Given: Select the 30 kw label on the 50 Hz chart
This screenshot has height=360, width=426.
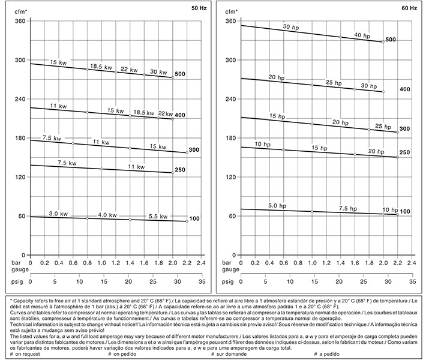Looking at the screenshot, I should click(158, 72).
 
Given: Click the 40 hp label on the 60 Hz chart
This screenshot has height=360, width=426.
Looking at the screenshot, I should click(362, 35).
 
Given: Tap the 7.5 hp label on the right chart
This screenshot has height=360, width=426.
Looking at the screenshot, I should click(348, 209).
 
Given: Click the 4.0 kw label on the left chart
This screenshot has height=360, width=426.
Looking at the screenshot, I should click(107, 215).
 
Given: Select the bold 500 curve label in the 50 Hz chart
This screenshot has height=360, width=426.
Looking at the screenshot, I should click(180, 74).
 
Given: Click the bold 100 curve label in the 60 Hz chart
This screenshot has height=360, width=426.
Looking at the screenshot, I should click(404, 212).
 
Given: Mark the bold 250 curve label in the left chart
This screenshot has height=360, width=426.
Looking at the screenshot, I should click(180, 170).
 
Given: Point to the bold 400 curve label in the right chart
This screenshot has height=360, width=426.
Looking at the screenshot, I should click(404, 89).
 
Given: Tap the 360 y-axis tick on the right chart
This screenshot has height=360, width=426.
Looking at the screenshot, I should click(230, 22).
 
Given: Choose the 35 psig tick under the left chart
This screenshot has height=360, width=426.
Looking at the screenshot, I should click(201, 281).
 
